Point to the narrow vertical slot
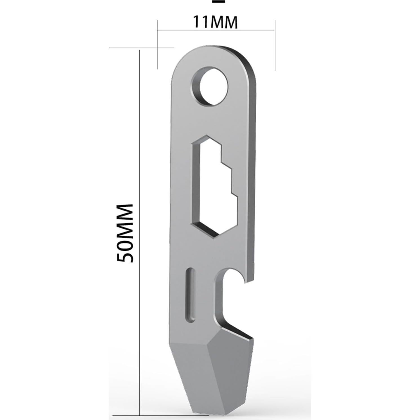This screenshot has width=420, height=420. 191,294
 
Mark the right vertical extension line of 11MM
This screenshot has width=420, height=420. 275,45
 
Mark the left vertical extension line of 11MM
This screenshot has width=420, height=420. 157,45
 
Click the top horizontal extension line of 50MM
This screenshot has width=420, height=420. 141,48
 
